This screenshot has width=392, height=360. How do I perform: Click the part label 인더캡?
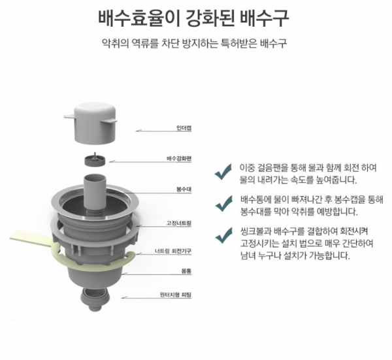click(184, 128)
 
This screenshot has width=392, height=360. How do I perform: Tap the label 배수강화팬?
click(179, 159)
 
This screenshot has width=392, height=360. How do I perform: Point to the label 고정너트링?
click(179, 223)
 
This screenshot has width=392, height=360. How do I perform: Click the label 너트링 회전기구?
click(173, 251)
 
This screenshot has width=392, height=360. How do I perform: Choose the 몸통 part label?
click(186, 271)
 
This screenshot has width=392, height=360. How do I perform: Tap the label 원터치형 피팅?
click(176, 295)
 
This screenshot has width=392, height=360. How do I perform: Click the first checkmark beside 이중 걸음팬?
click(223, 172)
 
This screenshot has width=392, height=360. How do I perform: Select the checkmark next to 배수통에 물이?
click(224, 203)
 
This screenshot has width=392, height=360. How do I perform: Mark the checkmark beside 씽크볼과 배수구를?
click(224, 235)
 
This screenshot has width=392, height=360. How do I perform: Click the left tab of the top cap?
click(69, 116)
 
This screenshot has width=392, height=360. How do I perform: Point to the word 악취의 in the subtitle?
click(116, 44)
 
